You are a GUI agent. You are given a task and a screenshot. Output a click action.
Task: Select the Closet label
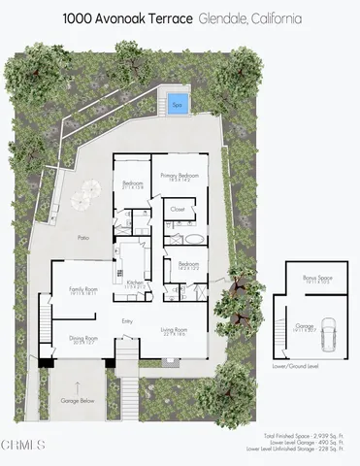179,207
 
